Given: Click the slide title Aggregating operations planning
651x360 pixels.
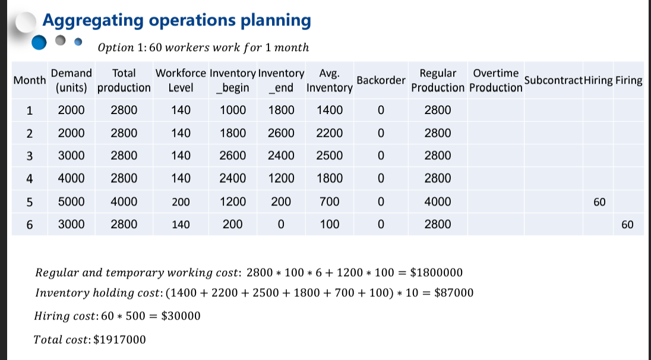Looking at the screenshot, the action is pos(176,21).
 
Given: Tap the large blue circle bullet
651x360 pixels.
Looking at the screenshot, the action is pos(39,42).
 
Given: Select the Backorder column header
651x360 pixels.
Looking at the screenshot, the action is pos(381,80).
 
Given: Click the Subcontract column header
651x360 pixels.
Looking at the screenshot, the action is pos(553,80).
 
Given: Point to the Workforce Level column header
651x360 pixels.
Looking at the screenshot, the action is pos(181,80).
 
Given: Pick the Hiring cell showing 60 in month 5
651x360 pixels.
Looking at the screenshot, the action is pos(599,202).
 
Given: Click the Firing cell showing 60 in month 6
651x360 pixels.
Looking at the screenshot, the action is pos(627,225).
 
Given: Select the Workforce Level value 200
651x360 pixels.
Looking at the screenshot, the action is pos(181,202).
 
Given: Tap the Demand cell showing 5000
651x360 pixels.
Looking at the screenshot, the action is pos(71,202).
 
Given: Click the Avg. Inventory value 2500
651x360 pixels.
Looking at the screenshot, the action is pos(329,156).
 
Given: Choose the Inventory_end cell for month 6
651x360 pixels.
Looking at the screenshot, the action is pos(281,225).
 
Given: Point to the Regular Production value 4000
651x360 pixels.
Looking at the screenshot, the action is pos(438,202).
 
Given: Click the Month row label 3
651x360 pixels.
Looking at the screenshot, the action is pos(30,156).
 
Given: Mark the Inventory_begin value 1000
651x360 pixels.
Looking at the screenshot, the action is pos(232,110).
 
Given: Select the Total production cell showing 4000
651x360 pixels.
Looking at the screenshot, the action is pos(124,202).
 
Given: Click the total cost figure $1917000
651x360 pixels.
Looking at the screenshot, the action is pos(119,340).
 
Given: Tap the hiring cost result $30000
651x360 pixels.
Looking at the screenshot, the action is pos(181,316).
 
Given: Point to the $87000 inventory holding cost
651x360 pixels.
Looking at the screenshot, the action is pos(454,293).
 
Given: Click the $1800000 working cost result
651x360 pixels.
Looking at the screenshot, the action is pos(437,273).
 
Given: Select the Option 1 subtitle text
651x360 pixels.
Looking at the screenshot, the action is pos(203,48).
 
